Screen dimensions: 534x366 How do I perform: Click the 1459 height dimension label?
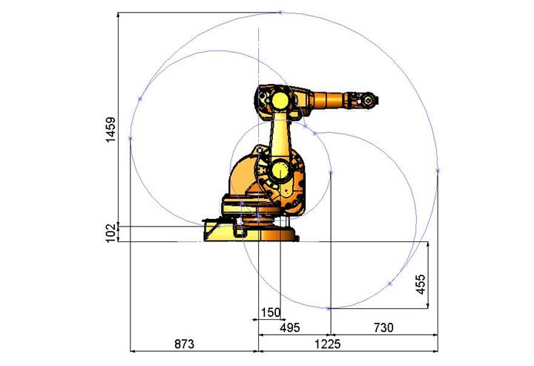[x=111, y=129]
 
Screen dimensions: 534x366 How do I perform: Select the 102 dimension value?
[x=111, y=233]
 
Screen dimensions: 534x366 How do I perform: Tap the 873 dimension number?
[x=184, y=344]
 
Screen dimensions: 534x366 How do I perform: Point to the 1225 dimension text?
[x=327, y=344]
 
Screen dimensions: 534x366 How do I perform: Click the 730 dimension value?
[x=383, y=327]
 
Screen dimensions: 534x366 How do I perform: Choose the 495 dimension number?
[x=290, y=327]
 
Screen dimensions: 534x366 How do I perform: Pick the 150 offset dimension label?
[x=271, y=313]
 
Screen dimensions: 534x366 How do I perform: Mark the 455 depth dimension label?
[x=421, y=284]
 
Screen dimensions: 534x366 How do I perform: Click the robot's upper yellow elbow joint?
[x=280, y=101]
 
